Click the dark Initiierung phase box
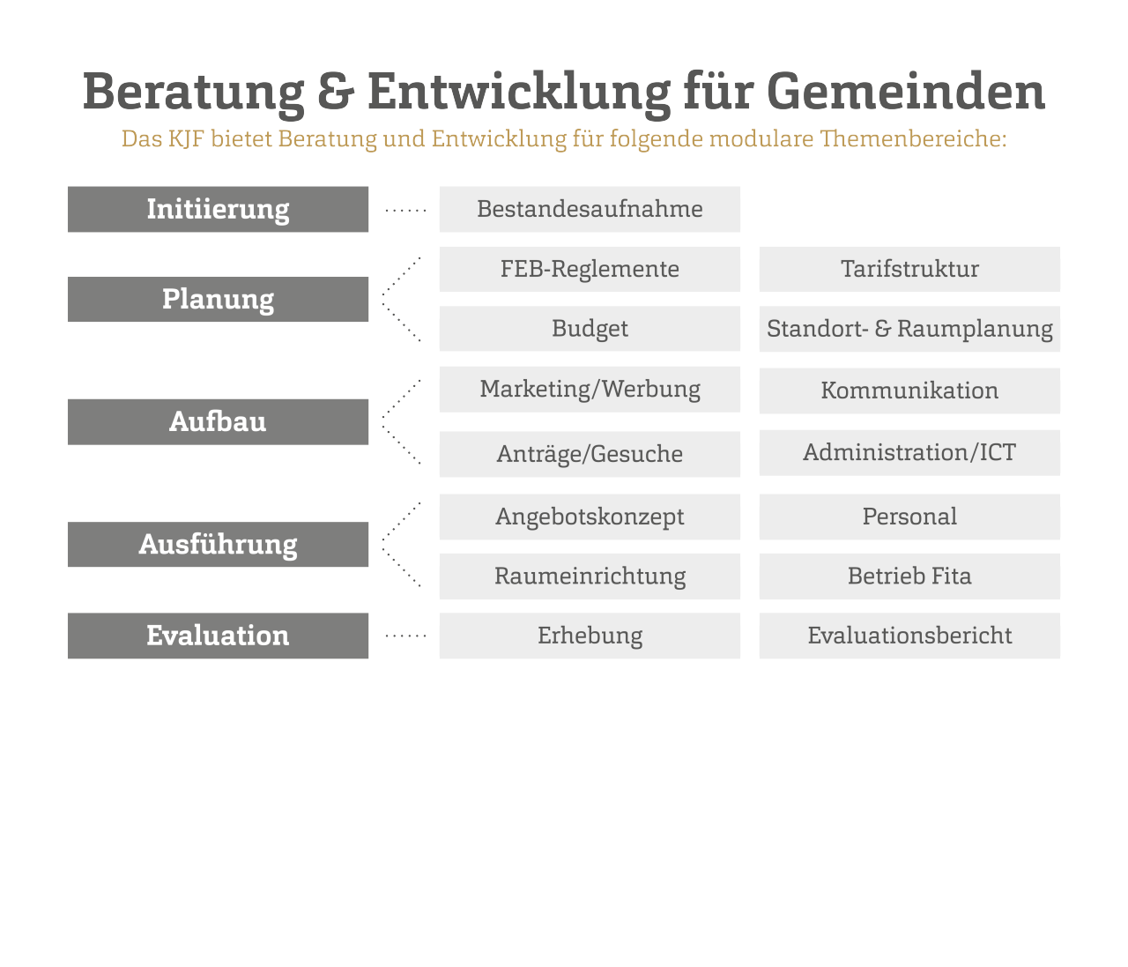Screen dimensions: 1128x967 tap(218, 209)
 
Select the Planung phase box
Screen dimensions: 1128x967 tap(218, 299)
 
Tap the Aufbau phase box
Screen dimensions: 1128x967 tap(218, 421)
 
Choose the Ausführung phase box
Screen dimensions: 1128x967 tap(218, 545)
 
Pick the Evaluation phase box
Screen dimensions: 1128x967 tap(218, 636)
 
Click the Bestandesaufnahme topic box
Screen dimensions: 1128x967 tap(590, 209)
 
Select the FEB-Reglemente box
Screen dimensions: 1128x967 tap(590, 269)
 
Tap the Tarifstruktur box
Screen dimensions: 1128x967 tap(909, 269)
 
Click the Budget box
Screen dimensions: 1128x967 tap(590, 328)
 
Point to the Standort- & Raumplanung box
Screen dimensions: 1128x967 tap(909, 329)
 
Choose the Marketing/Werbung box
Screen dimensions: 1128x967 tap(590, 390)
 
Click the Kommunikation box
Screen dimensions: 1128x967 tap(909, 391)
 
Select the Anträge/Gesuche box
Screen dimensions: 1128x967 tap(590, 454)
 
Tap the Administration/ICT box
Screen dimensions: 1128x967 tap(909, 453)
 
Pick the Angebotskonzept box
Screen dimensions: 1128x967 tap(590, 517)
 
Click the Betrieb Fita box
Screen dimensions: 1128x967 tap(909, 576)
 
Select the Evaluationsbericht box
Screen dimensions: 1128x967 tap(909, 636)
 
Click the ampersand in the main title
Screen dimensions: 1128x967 tap(336, 92)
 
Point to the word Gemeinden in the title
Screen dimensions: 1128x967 tap(906, 91)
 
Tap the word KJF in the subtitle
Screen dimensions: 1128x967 tap(186, 138)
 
